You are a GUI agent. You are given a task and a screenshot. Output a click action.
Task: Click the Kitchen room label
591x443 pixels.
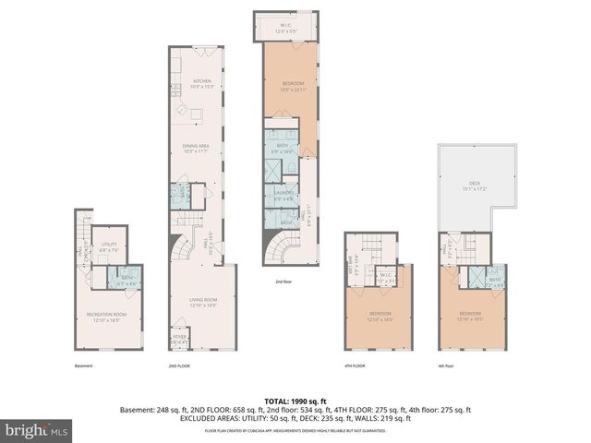coord(201,83)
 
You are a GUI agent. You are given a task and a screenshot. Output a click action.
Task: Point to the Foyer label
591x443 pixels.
coord(179,339)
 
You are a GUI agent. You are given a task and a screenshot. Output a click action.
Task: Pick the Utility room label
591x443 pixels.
coord(109,246)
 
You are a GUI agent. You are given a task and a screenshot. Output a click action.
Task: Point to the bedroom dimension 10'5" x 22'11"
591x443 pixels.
coord(291,90)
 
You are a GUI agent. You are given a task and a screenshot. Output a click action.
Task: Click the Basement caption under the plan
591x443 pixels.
coord(83,365)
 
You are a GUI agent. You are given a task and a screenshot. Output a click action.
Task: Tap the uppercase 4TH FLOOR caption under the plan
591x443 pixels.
coord(355,365)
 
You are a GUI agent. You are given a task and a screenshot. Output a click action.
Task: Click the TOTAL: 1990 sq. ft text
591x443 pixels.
coord(295,401)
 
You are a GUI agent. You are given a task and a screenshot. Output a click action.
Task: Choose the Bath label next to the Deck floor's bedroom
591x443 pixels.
coord(494,280)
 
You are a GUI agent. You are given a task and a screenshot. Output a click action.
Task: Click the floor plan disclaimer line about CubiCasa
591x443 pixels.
coord(295,429)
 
